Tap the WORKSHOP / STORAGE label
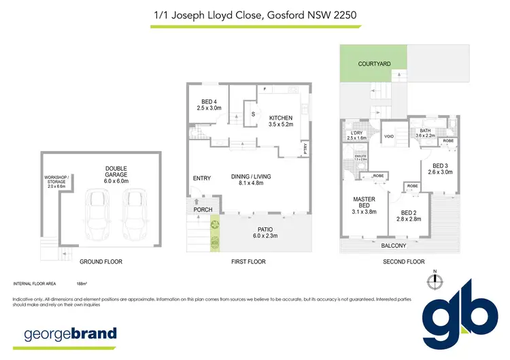(x=54, y=182)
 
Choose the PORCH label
(x=203, y=210)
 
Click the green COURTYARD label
(x=374, y=63)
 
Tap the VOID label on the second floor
(x=389, y=136)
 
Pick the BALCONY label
(x=393, y=246)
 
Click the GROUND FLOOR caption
(x=101, y=261)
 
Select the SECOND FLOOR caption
(x=403, y=261)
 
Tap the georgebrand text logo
(x=71, y=334)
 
